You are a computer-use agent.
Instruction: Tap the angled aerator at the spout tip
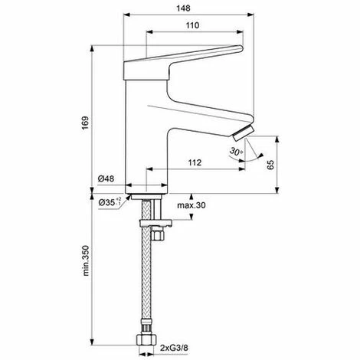click(241, 137)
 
